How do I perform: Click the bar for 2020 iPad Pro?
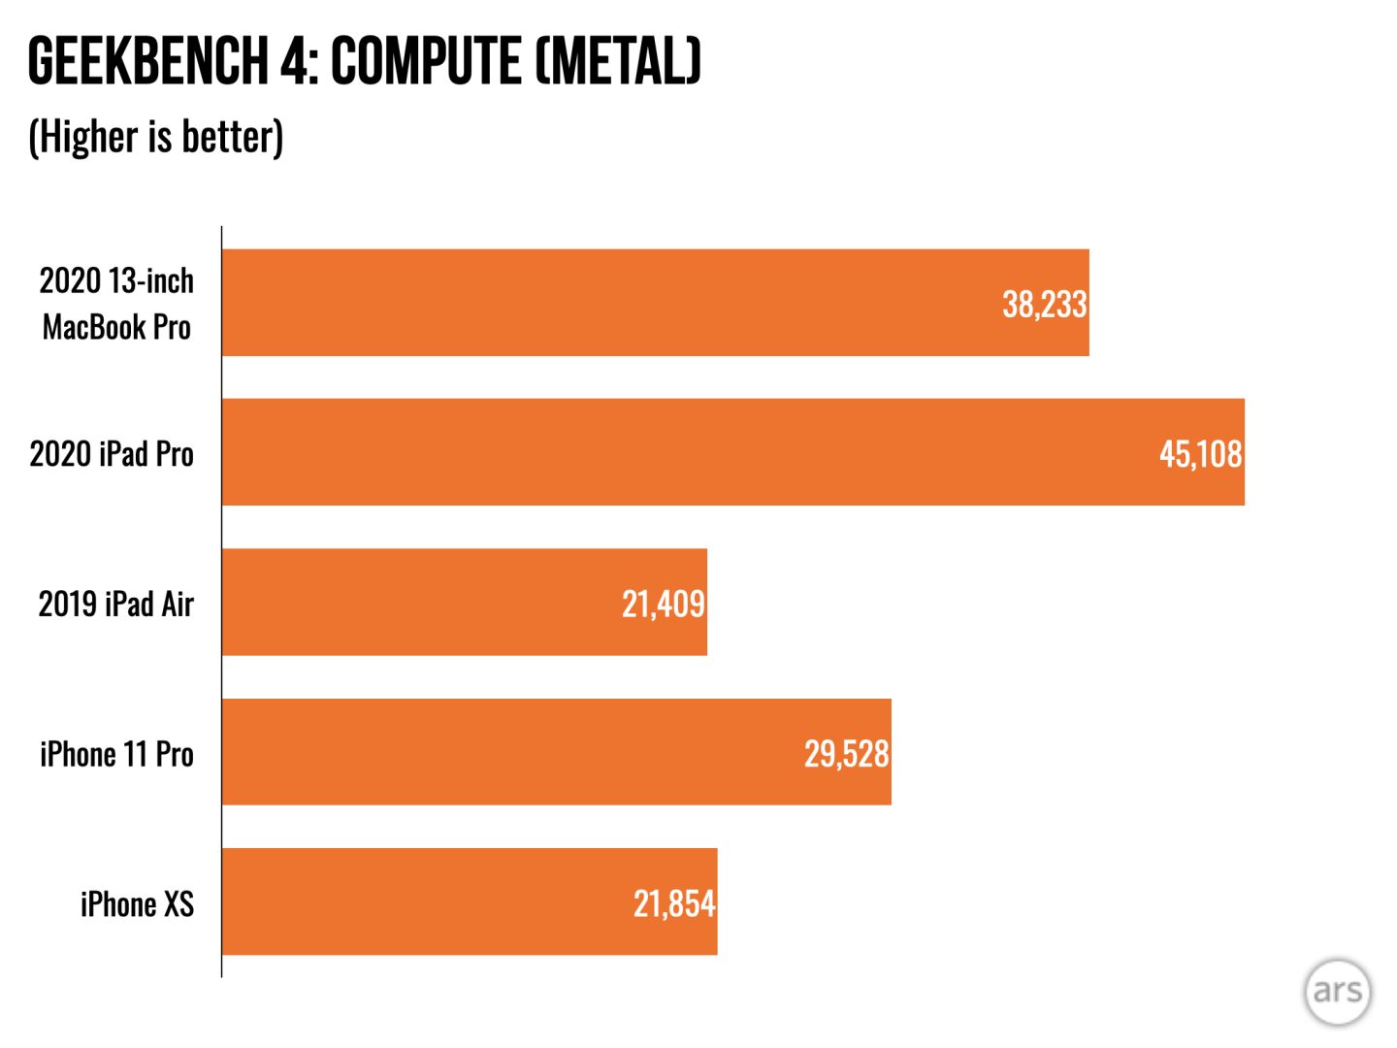(x=679, y=452)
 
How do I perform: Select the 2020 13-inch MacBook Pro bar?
(x=601, y=303)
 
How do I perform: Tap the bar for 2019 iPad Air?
(x=427, y=603)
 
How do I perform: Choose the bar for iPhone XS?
(x=427, y=901)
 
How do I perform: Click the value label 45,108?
(x=1200, y=453)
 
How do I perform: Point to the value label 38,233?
(x=1044, y=304)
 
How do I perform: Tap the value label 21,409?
(x=663, y=604)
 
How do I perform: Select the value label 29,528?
(x=846, y=753)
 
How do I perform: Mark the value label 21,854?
(x=673, y=903)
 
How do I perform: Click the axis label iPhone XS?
(x=137, y=903)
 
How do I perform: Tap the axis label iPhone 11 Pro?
(x=116, y=754)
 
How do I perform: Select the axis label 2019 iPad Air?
(x=115, y=604)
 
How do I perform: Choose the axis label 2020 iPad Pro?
(x=112, y=453)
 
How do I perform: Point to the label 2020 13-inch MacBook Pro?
(x=116, y=304)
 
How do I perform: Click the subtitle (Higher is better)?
(x=156, y=136)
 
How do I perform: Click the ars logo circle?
(x=1337, y=992)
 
